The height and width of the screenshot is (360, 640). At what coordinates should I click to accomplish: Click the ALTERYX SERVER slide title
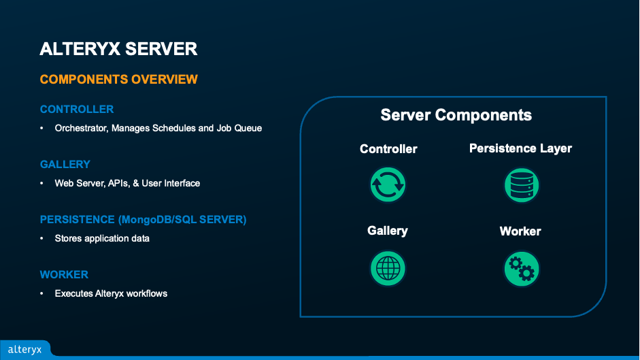pos(118,50)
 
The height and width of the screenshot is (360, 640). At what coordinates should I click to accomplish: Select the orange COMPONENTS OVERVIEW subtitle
pos(118,80)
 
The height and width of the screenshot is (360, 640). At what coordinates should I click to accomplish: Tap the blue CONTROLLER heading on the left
pos(77,110)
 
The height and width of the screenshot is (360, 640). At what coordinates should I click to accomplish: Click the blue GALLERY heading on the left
pos(65,165)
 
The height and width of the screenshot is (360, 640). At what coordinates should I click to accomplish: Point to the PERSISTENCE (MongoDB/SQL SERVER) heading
pos(143,220)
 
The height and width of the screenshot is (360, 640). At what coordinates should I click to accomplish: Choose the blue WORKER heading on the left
pos(64,275)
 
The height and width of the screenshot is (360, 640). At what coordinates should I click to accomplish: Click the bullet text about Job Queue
pos(158,128)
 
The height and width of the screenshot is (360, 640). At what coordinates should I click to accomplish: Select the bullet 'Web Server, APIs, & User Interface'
pos(127,183)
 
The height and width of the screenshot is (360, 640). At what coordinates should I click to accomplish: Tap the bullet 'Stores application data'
pos(102,238)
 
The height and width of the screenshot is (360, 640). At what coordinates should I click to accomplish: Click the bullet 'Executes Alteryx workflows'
pos(111,293)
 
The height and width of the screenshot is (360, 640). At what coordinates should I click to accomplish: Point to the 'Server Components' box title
pos(456,115)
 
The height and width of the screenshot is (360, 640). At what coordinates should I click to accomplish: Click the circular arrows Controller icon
pos(388,184)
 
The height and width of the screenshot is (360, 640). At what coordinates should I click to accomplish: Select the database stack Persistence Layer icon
pos(521,184)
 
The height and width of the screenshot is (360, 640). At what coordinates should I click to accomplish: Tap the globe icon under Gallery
pos(388,267)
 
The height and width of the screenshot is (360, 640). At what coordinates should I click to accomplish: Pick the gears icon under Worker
pos(521,268)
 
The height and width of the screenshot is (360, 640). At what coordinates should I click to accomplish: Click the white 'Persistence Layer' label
pos(520,148)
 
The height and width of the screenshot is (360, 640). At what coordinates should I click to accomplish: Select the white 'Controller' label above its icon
pos(388,149)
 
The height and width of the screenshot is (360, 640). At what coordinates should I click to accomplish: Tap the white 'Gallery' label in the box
pos(388,231)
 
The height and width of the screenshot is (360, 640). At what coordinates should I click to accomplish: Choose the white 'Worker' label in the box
pos(520,231)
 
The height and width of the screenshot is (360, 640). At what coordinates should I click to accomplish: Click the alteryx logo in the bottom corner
pos(24,350)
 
